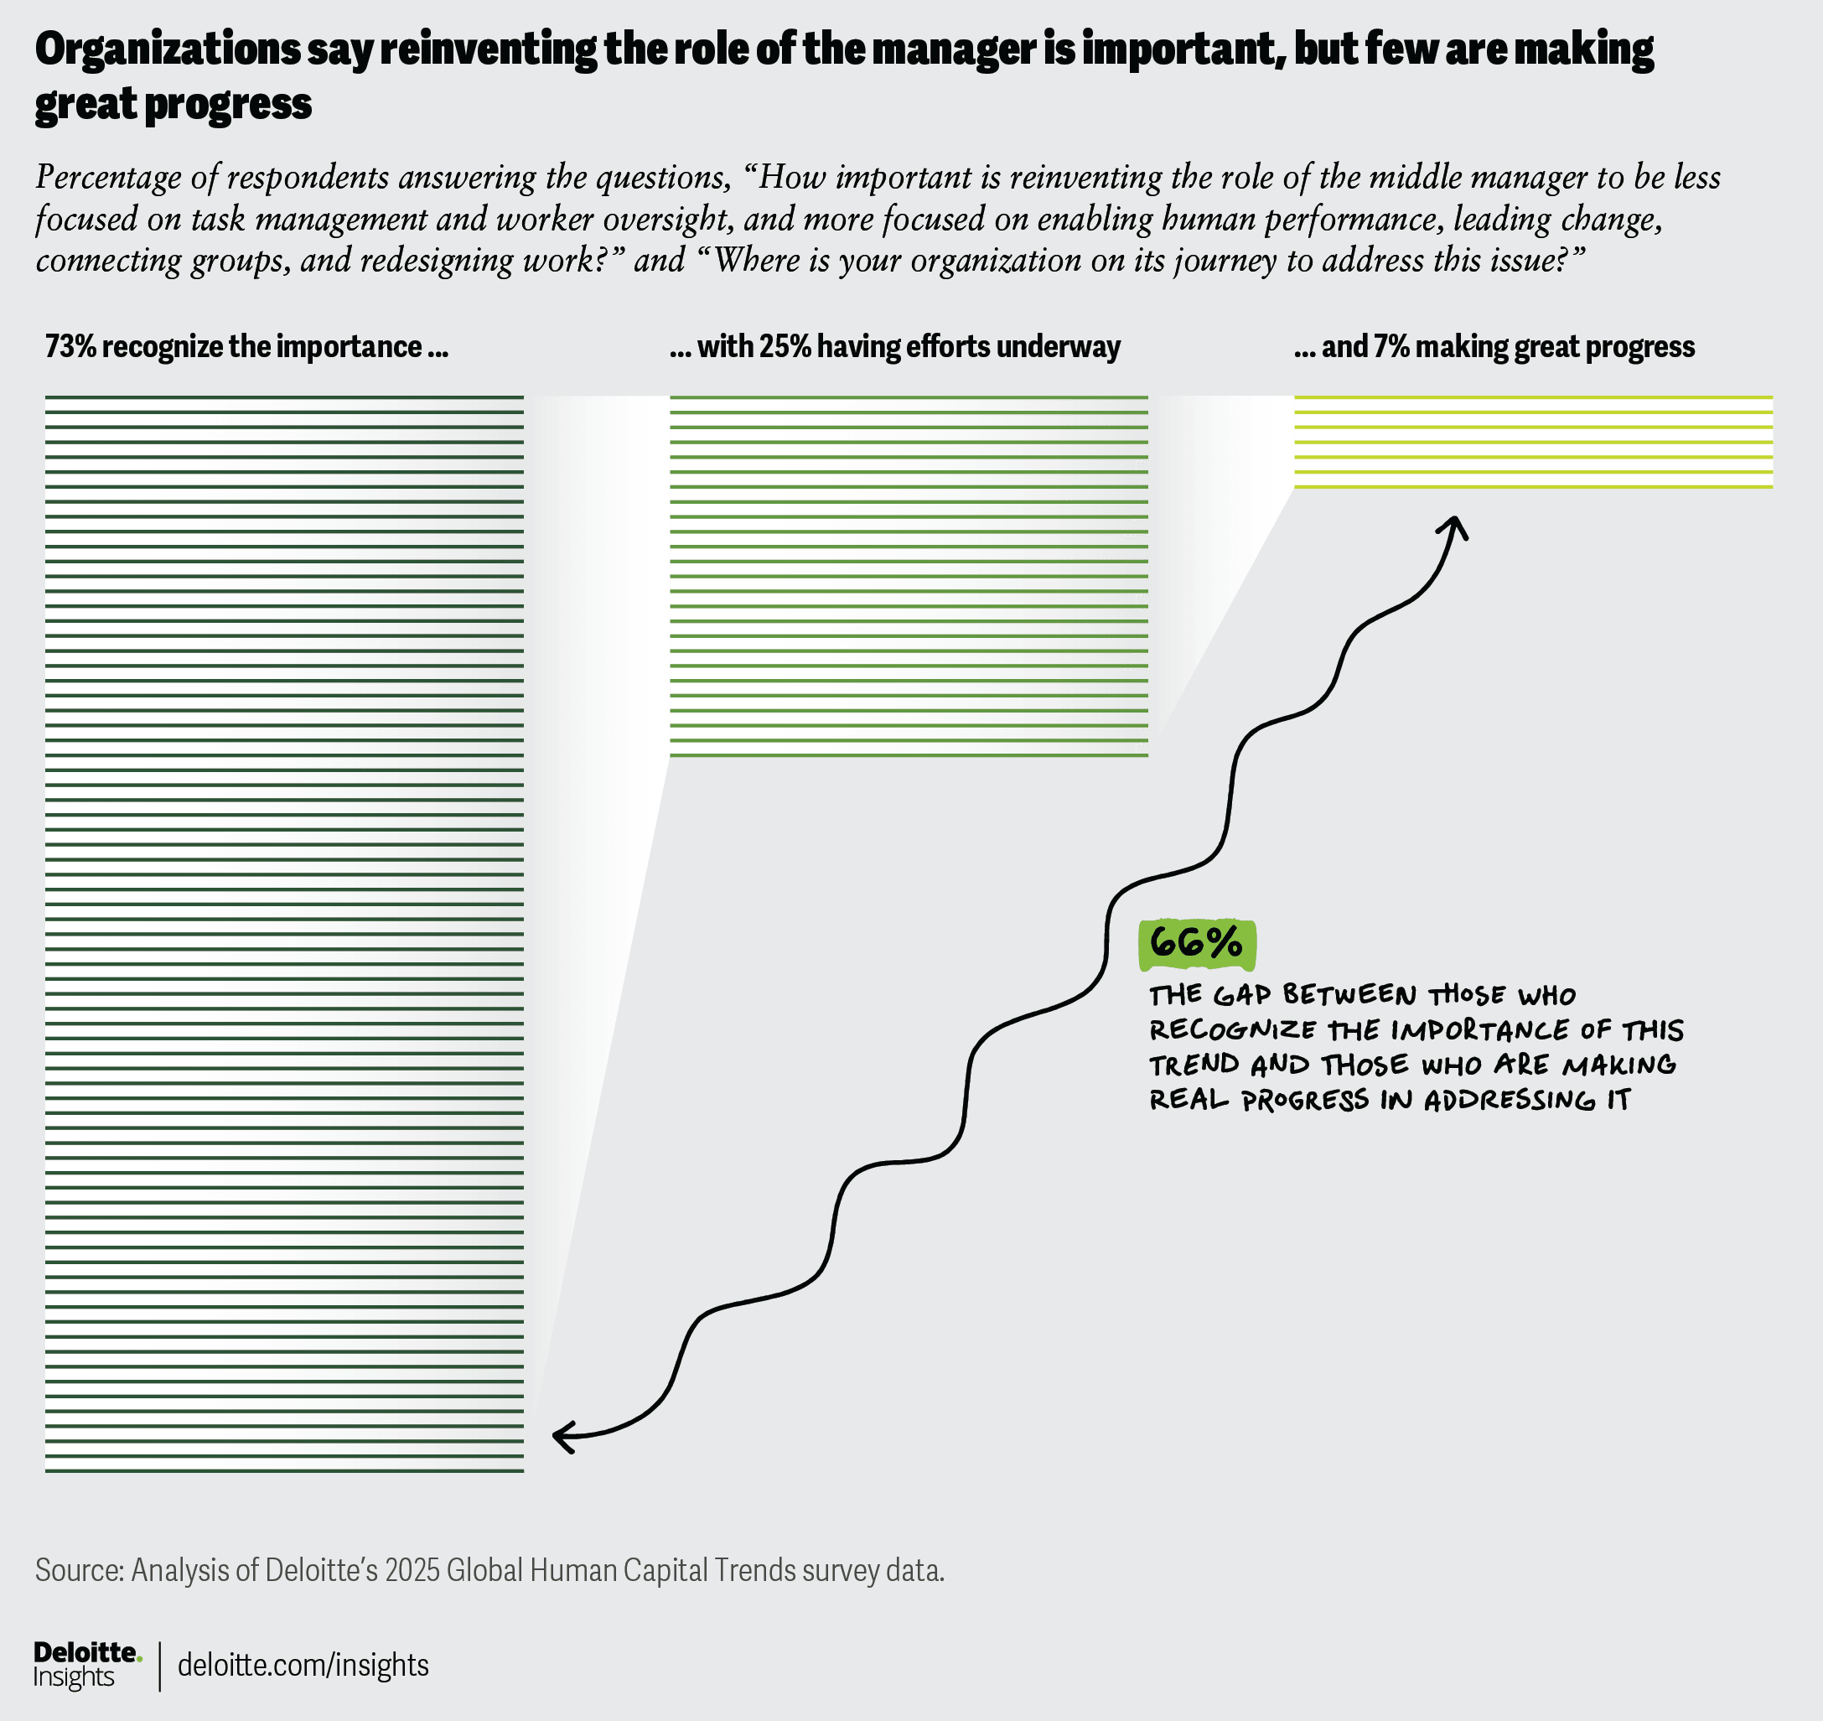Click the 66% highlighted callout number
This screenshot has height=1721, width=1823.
[x=1196, y=943]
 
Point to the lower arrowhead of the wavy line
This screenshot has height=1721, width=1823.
[x=562, y=1436]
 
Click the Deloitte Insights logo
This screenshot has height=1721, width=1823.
[x=87, y=1664]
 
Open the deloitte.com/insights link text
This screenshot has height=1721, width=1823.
[x=303, y=1665]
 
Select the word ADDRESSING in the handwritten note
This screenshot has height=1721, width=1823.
[x=1510, y=1100]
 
